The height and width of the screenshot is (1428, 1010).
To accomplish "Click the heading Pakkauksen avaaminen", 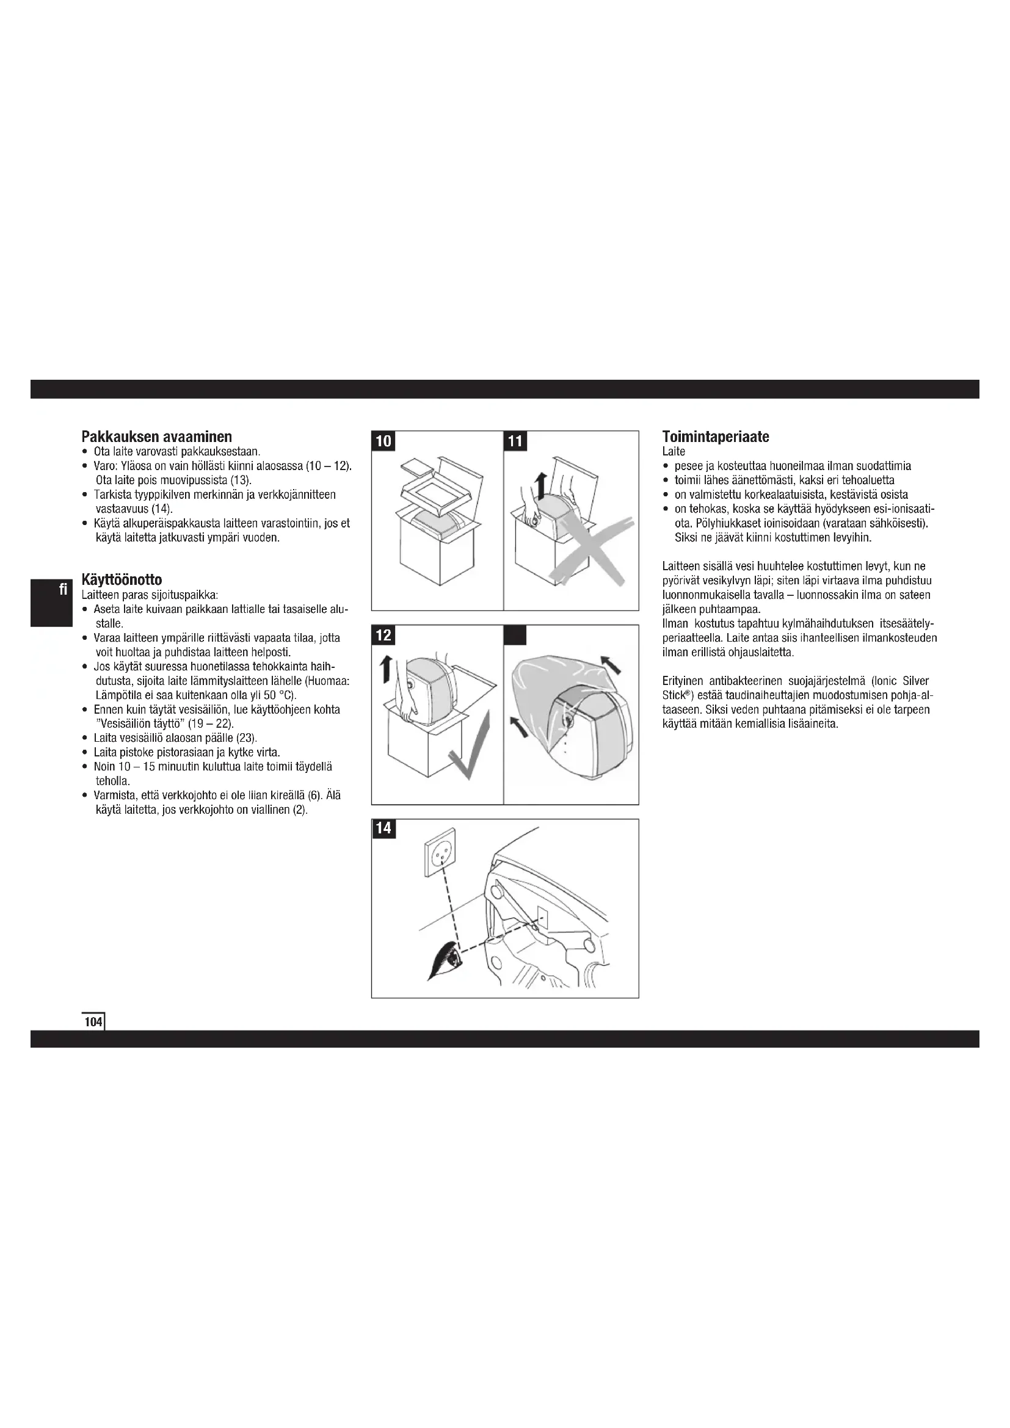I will [157, 437].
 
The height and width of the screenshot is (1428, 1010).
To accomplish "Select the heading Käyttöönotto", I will [122, 579].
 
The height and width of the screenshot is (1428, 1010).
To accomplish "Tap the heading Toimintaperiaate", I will [715, 437].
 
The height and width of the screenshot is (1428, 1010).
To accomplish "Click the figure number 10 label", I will [383, 441].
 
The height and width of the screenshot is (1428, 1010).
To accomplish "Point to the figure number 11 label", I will [515, 441].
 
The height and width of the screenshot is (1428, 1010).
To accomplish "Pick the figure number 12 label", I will [383, 635].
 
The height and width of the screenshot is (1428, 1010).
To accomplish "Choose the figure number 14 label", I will [383, 828].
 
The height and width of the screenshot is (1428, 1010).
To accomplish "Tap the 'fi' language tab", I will [63, 589].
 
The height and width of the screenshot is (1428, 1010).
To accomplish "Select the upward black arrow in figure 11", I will [540, 485].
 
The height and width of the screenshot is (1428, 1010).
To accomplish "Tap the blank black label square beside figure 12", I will [515, 635].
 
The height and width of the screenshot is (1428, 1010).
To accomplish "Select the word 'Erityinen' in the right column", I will [682, 681].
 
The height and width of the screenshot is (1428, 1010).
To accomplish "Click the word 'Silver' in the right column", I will [915, 681].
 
